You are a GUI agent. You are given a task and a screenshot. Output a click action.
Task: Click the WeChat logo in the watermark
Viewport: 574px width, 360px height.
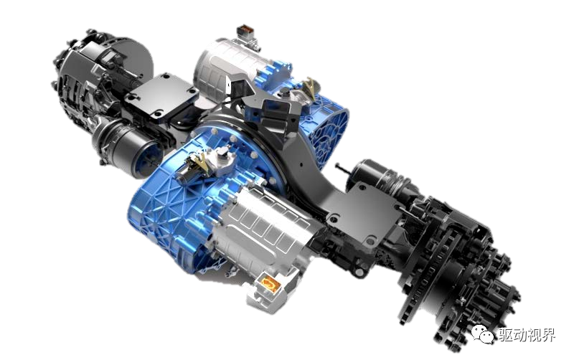coord(481,333)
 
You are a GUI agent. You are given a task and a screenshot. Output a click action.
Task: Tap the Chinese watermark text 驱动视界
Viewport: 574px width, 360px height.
coord(527,334)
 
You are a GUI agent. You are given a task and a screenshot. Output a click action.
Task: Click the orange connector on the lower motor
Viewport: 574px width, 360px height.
coord(270,284)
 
